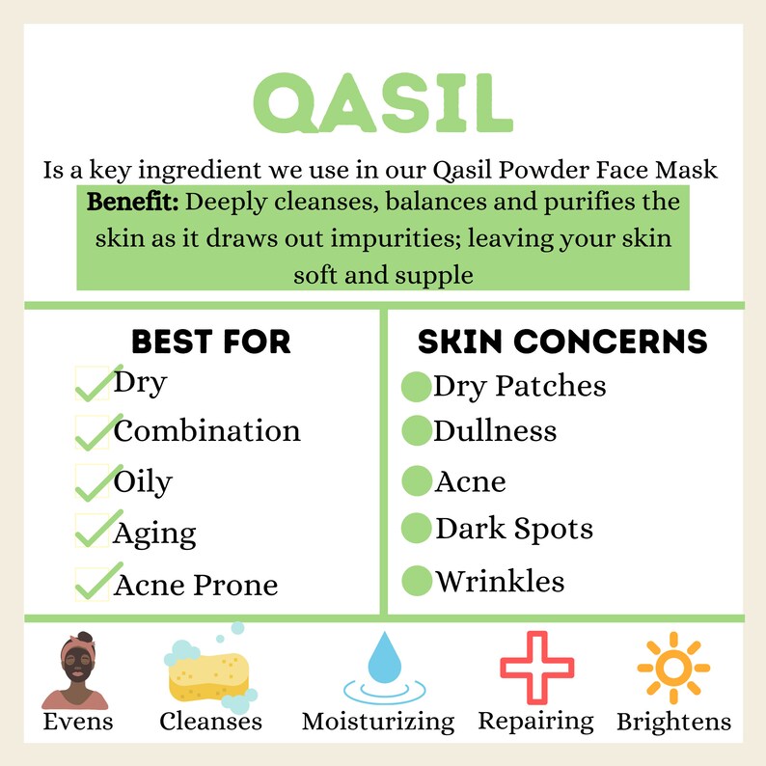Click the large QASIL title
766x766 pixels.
point(382,104)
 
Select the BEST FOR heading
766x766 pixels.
point(210,342)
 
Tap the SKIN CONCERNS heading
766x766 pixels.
point(562,342)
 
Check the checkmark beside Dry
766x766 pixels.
point(93,384)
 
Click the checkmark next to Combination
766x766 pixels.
point(93,433)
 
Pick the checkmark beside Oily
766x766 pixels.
point(93,483)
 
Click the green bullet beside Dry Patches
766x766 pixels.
point(415,387)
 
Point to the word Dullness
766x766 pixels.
point(495,430)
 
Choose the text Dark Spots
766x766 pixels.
point(513,529)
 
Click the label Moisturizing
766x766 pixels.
point(377,722)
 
